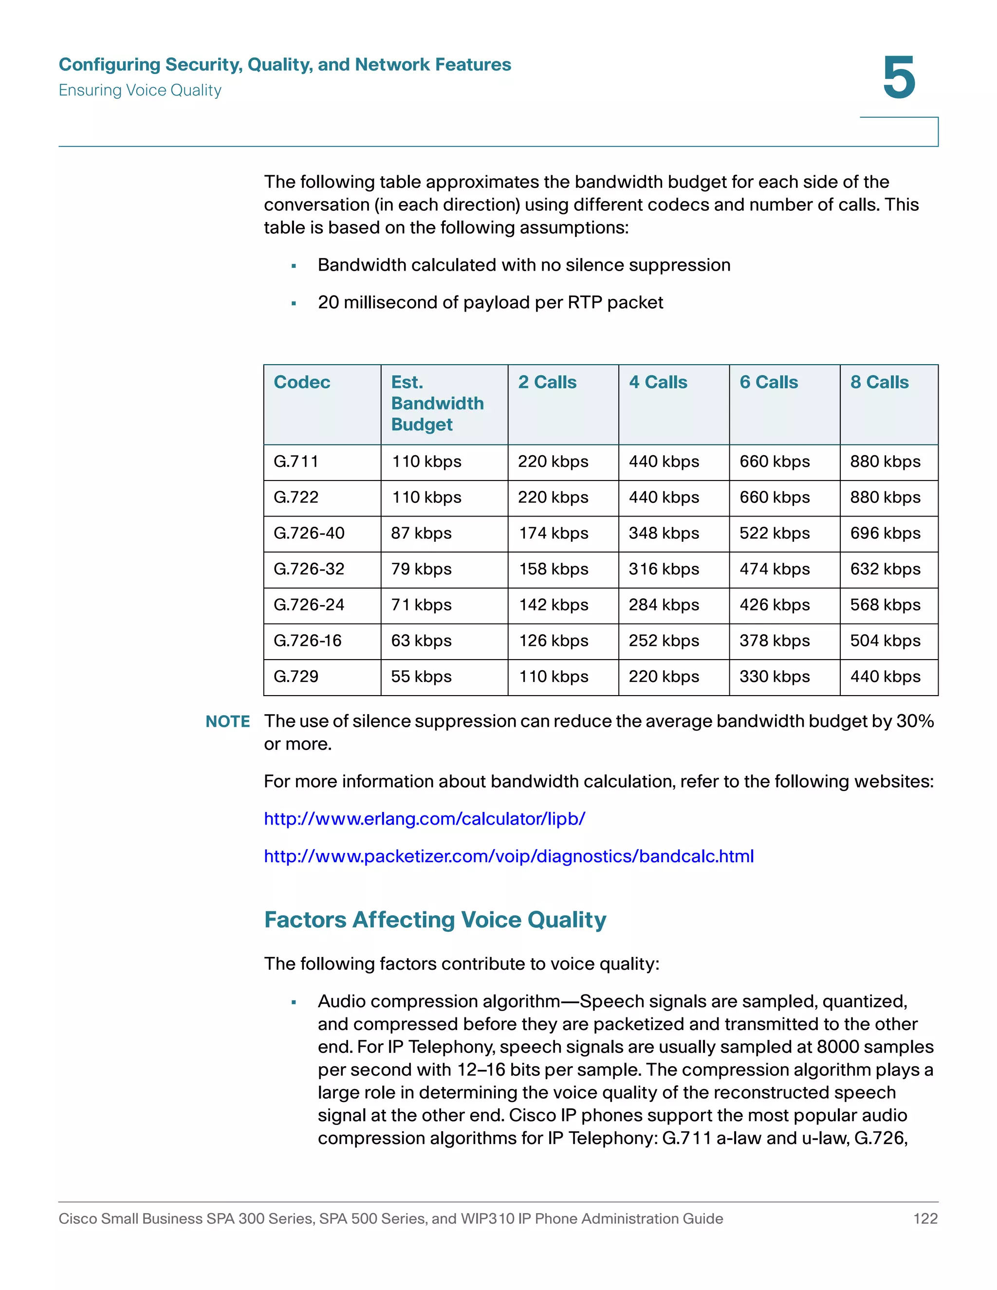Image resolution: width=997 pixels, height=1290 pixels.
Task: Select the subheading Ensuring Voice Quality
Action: [x=140, y=91]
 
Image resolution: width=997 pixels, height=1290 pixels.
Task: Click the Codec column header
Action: [x=302, y=382]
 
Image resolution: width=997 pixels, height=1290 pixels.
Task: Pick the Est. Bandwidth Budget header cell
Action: [x=437, y=404]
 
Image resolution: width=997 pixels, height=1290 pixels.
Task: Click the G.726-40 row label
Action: [x=309, y=534]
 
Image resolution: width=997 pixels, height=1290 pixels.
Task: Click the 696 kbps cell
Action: [x=885, y=534]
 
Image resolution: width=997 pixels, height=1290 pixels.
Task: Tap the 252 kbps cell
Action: [x=664, y=641]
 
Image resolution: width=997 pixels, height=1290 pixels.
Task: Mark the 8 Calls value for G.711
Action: [x=885, y=461]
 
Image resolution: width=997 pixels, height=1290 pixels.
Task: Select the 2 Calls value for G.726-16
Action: [x=554, y=641]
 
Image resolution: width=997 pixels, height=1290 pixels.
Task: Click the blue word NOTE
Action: [x=227, y=721]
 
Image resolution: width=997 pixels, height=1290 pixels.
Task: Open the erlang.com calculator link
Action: [x=424, y=819]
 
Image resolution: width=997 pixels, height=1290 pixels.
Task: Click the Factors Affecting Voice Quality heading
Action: [x=435, y=920]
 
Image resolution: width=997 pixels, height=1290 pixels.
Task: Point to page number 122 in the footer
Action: [x=925, y=1218]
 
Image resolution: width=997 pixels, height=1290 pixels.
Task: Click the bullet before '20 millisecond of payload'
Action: [x=294, y=304]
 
